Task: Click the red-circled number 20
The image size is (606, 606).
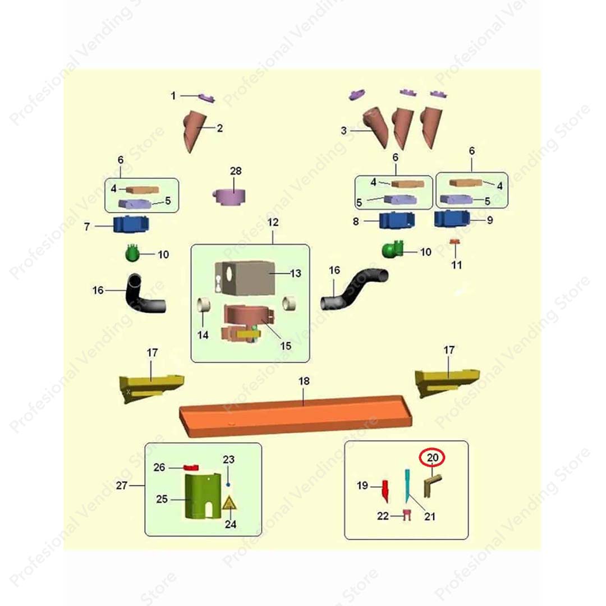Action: point(433,458)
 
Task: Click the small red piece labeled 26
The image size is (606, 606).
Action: point(192,467)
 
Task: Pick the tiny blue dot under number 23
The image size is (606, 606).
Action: point(228,484)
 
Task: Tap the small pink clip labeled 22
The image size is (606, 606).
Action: point(407,515)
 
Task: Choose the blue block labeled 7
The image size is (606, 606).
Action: point(131,225)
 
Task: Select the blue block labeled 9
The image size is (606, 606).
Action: point(452,218)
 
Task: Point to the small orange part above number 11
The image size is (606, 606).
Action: point(456,242)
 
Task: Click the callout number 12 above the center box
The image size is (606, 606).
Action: point(273,223)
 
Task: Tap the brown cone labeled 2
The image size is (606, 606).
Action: point(194,130)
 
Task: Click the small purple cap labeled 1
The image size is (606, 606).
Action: point(206,99)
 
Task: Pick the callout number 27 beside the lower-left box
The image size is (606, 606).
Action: point(122,486)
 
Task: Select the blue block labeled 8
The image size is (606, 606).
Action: point(397,221)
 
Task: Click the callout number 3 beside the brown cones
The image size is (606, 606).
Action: point(344,131)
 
